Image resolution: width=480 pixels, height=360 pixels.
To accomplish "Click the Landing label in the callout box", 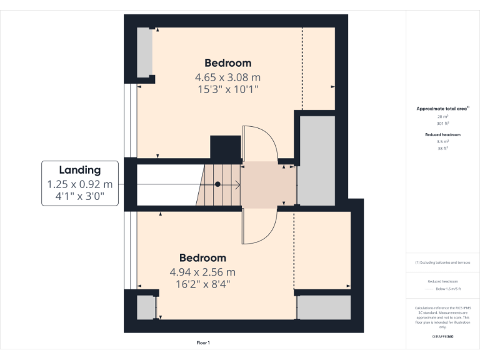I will (x=79, y=169).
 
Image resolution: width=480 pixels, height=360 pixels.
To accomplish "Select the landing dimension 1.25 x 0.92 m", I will (x=79, y=184).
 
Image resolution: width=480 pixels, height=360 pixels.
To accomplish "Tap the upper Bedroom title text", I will (x=228, y=62).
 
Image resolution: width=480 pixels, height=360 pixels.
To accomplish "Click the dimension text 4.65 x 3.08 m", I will (x=228, y=77).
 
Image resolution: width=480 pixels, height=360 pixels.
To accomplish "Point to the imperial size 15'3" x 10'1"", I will (x=228, y=90).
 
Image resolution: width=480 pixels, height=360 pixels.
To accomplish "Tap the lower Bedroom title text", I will (x=202, y=257).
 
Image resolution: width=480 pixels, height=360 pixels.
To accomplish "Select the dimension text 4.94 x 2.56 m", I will (x=202, y=272).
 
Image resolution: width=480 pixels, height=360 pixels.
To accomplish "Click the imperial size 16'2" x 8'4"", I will (x=202, y=284).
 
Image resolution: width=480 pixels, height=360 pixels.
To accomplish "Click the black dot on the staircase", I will (x=217, y=184).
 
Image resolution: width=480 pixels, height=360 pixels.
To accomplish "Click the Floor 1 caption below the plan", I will (x=203, y=342).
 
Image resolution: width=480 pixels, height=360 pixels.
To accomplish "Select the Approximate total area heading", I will (x=442, y=109).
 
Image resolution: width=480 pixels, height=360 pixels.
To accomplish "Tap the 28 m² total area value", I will (x=442, y=116).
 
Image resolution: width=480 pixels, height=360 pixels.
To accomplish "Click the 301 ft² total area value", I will (x=442, y=123).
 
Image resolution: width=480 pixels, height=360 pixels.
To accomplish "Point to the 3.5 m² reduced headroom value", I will (x=442, y=142).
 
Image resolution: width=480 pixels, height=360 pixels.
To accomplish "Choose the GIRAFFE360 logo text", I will (x=442, y=336).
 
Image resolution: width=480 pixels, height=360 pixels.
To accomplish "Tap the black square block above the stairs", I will (x=226, y=147).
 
